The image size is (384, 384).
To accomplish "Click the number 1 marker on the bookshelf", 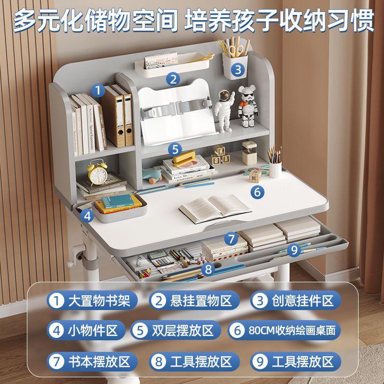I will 98,89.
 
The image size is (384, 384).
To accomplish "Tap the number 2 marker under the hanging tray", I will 173,79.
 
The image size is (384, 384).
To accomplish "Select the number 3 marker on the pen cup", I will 238,70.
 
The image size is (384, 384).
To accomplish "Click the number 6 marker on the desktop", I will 257,192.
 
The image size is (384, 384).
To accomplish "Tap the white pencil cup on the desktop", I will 275,169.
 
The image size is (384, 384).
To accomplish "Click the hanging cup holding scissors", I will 235,62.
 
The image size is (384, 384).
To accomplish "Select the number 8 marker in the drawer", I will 208,269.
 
